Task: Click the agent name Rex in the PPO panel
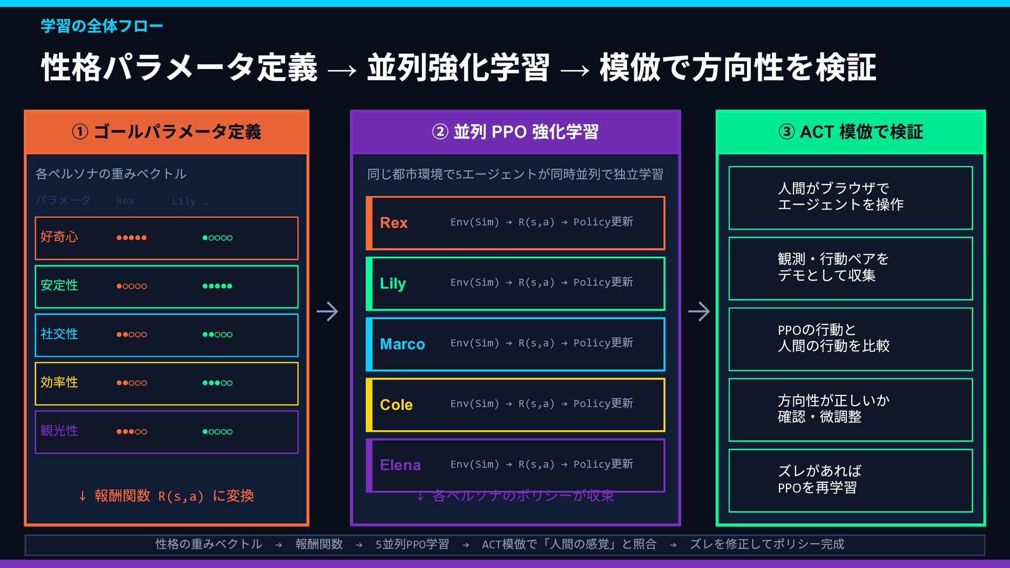(393, 223)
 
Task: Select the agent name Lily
(392, 283)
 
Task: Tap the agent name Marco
(402, 344)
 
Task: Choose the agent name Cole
(396, 404)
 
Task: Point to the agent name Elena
(400, 465)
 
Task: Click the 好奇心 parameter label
(59, 237)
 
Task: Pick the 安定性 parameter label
(59, 286)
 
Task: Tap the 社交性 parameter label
(59, 334)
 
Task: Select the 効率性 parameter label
(59, 382)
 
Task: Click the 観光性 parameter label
(59, 431)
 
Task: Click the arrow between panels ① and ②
(327, 311)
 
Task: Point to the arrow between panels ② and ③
(699, 311)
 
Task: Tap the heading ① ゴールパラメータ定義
(166, 131)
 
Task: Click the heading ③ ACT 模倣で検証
(851, 131)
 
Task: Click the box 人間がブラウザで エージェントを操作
(850, 197)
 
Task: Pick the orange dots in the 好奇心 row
(132, 238)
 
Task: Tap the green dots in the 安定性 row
(217, 286)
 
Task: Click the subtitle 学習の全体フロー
(102, 26)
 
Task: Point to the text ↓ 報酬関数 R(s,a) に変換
(166, 496)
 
